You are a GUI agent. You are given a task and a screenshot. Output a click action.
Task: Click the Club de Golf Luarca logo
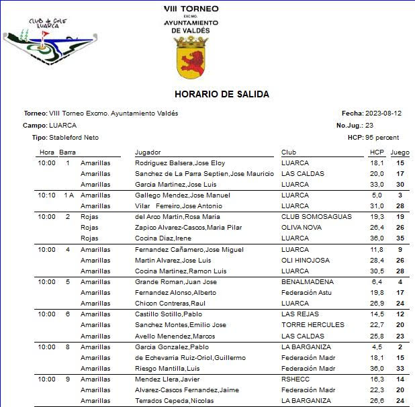47,45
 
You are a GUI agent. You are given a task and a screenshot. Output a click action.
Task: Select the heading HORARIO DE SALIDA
222,94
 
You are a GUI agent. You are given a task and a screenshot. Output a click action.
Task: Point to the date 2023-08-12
383,114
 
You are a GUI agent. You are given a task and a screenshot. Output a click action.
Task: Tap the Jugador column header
148,152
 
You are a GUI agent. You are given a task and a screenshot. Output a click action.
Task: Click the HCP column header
376,152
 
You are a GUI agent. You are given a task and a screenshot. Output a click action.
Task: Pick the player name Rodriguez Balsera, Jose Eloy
180,163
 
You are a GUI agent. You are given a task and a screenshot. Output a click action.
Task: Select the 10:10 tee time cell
47,195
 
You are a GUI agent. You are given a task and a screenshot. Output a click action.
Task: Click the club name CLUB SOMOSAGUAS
310,217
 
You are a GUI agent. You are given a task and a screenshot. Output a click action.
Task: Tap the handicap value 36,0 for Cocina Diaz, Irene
377,238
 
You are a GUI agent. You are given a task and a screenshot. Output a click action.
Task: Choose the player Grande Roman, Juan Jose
175,282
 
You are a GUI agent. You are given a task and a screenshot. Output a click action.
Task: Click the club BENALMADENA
307,282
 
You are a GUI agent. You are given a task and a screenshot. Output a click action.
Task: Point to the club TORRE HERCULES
312,325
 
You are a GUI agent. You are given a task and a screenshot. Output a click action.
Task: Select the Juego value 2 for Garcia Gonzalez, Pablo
400,347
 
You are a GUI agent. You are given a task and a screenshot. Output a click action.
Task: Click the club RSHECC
295,379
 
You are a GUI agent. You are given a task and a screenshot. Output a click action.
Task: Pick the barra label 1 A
68,195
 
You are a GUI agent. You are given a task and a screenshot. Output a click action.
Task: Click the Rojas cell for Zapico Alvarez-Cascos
89,228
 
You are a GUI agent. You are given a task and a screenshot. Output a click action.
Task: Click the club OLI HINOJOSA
306,260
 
